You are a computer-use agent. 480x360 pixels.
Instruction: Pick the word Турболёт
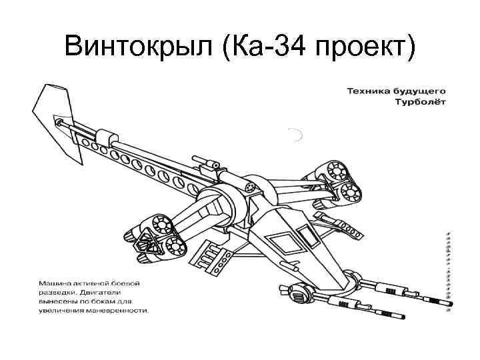tap(421, 102)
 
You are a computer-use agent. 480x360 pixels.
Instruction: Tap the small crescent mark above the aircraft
tap(296, 135)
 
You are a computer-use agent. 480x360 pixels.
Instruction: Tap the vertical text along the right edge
tap(449, 267)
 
